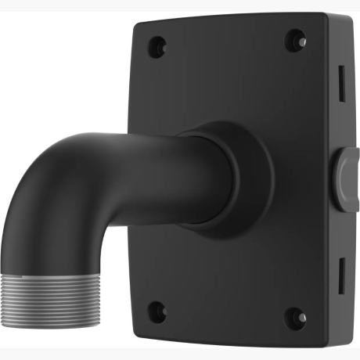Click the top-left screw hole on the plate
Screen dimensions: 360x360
coord(158,44)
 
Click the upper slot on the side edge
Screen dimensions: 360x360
coord(342,78)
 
